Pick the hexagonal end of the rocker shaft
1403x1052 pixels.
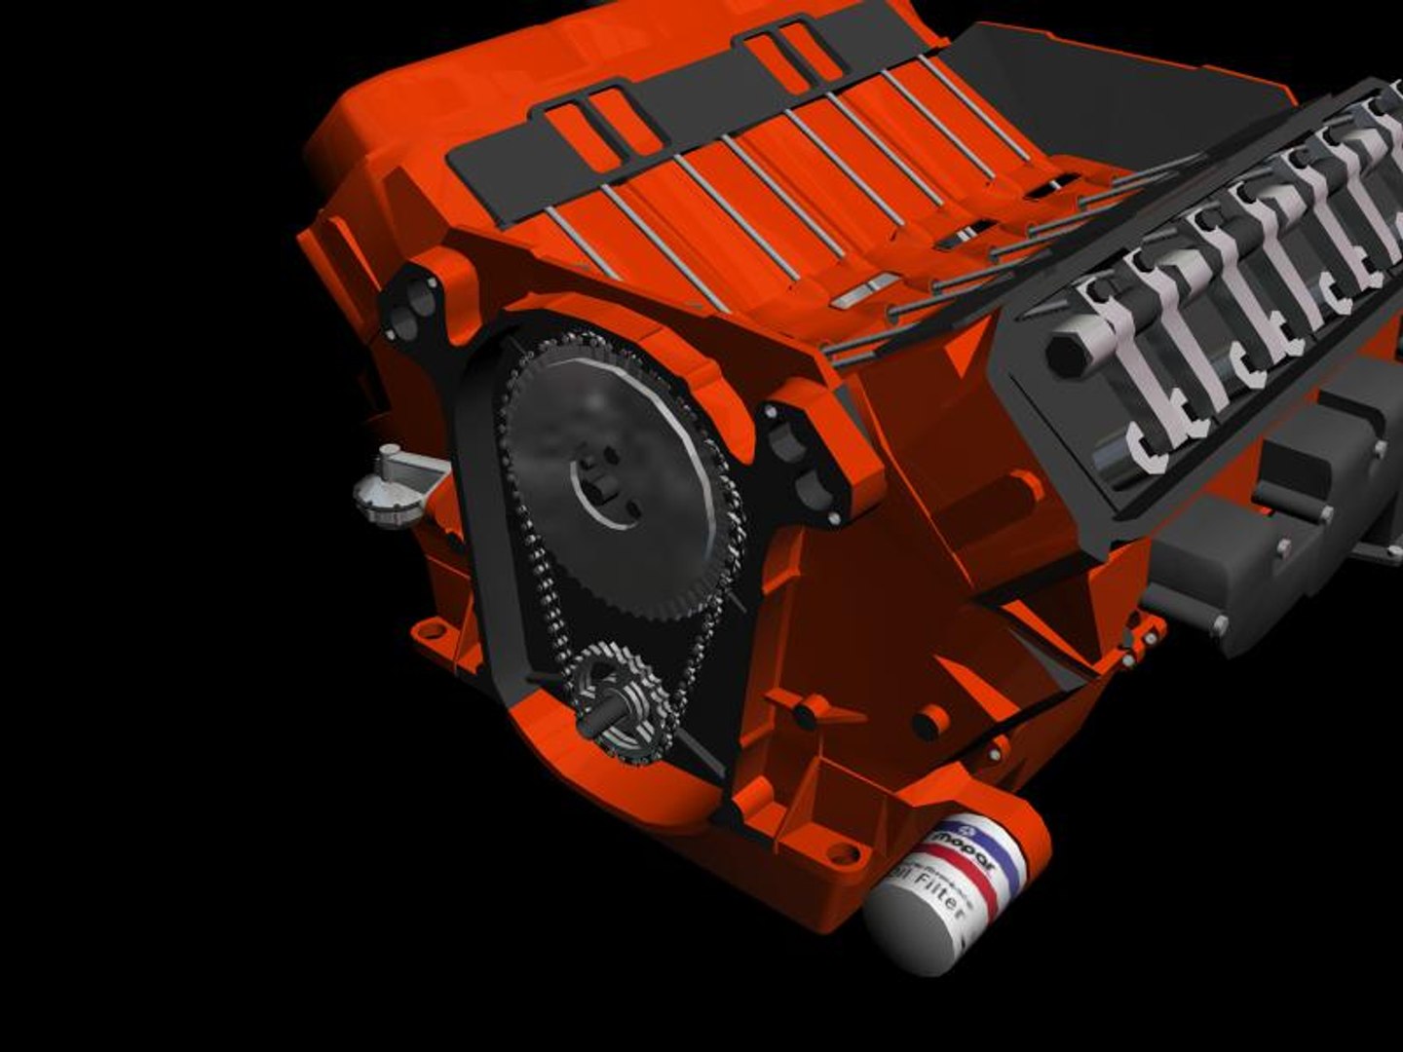coord(1071,351)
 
